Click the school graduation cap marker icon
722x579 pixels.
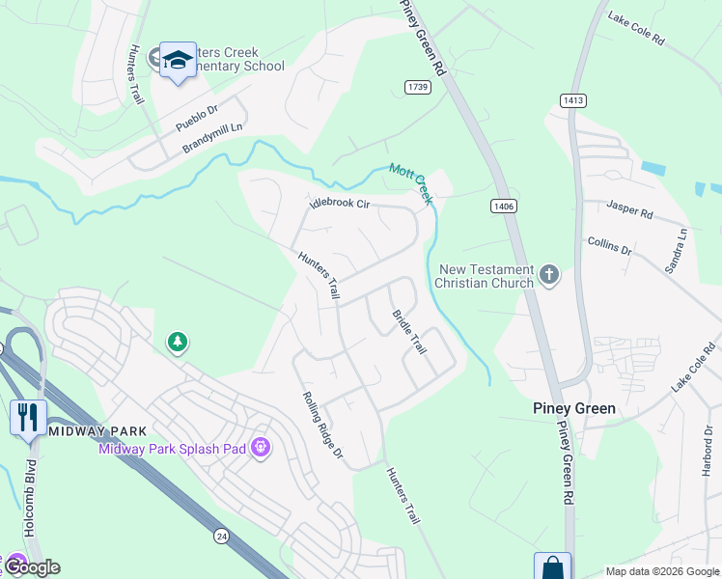pos(178,61)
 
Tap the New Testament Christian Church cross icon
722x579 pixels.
pos(549,275)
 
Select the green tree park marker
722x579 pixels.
pos(177,342)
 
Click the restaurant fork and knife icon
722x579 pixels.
pos(27,417)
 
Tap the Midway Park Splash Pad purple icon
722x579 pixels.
pos(260,448)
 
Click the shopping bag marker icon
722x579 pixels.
pos(553,567)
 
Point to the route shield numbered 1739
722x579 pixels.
pos(417,87)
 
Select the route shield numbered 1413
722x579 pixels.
pos(572,99)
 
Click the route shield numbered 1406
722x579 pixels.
pos(502,205)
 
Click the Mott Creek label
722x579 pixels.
pos(410,182)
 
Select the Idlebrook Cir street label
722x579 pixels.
pos(339,204)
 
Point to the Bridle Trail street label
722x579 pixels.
pos(408,331)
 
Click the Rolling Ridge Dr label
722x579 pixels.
pos(322,426)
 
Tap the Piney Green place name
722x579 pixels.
pos(574,408)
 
